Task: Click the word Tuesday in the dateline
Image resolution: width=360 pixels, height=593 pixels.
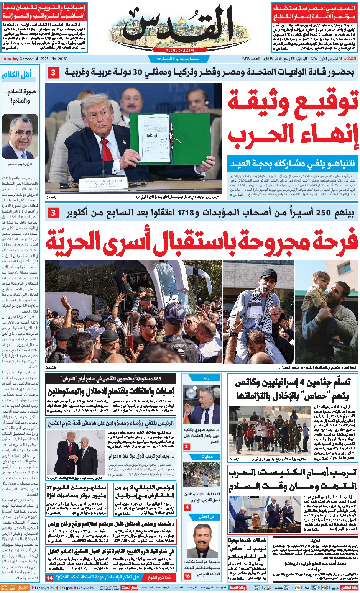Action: pyautogui.click(x=10, y=59)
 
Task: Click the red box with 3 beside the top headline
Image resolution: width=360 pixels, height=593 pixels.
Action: pyautogui.click(x=54, y=73)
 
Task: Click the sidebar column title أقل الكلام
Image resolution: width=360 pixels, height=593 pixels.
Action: pyautogui.click(x=17, y=75)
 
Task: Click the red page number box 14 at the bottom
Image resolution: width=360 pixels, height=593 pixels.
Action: pyautogui.click(x=50, y=578)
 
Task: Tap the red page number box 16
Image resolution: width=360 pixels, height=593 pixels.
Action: pyautogui.click(x=187, y=576)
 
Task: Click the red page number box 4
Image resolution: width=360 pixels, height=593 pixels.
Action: pyautogui.click(x=187, y=507)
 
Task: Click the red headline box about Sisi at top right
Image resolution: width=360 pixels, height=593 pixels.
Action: pyautogui.click(x=314, y=13)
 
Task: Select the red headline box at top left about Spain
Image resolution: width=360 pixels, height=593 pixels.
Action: pyautogui.click(x=44, y=13)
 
